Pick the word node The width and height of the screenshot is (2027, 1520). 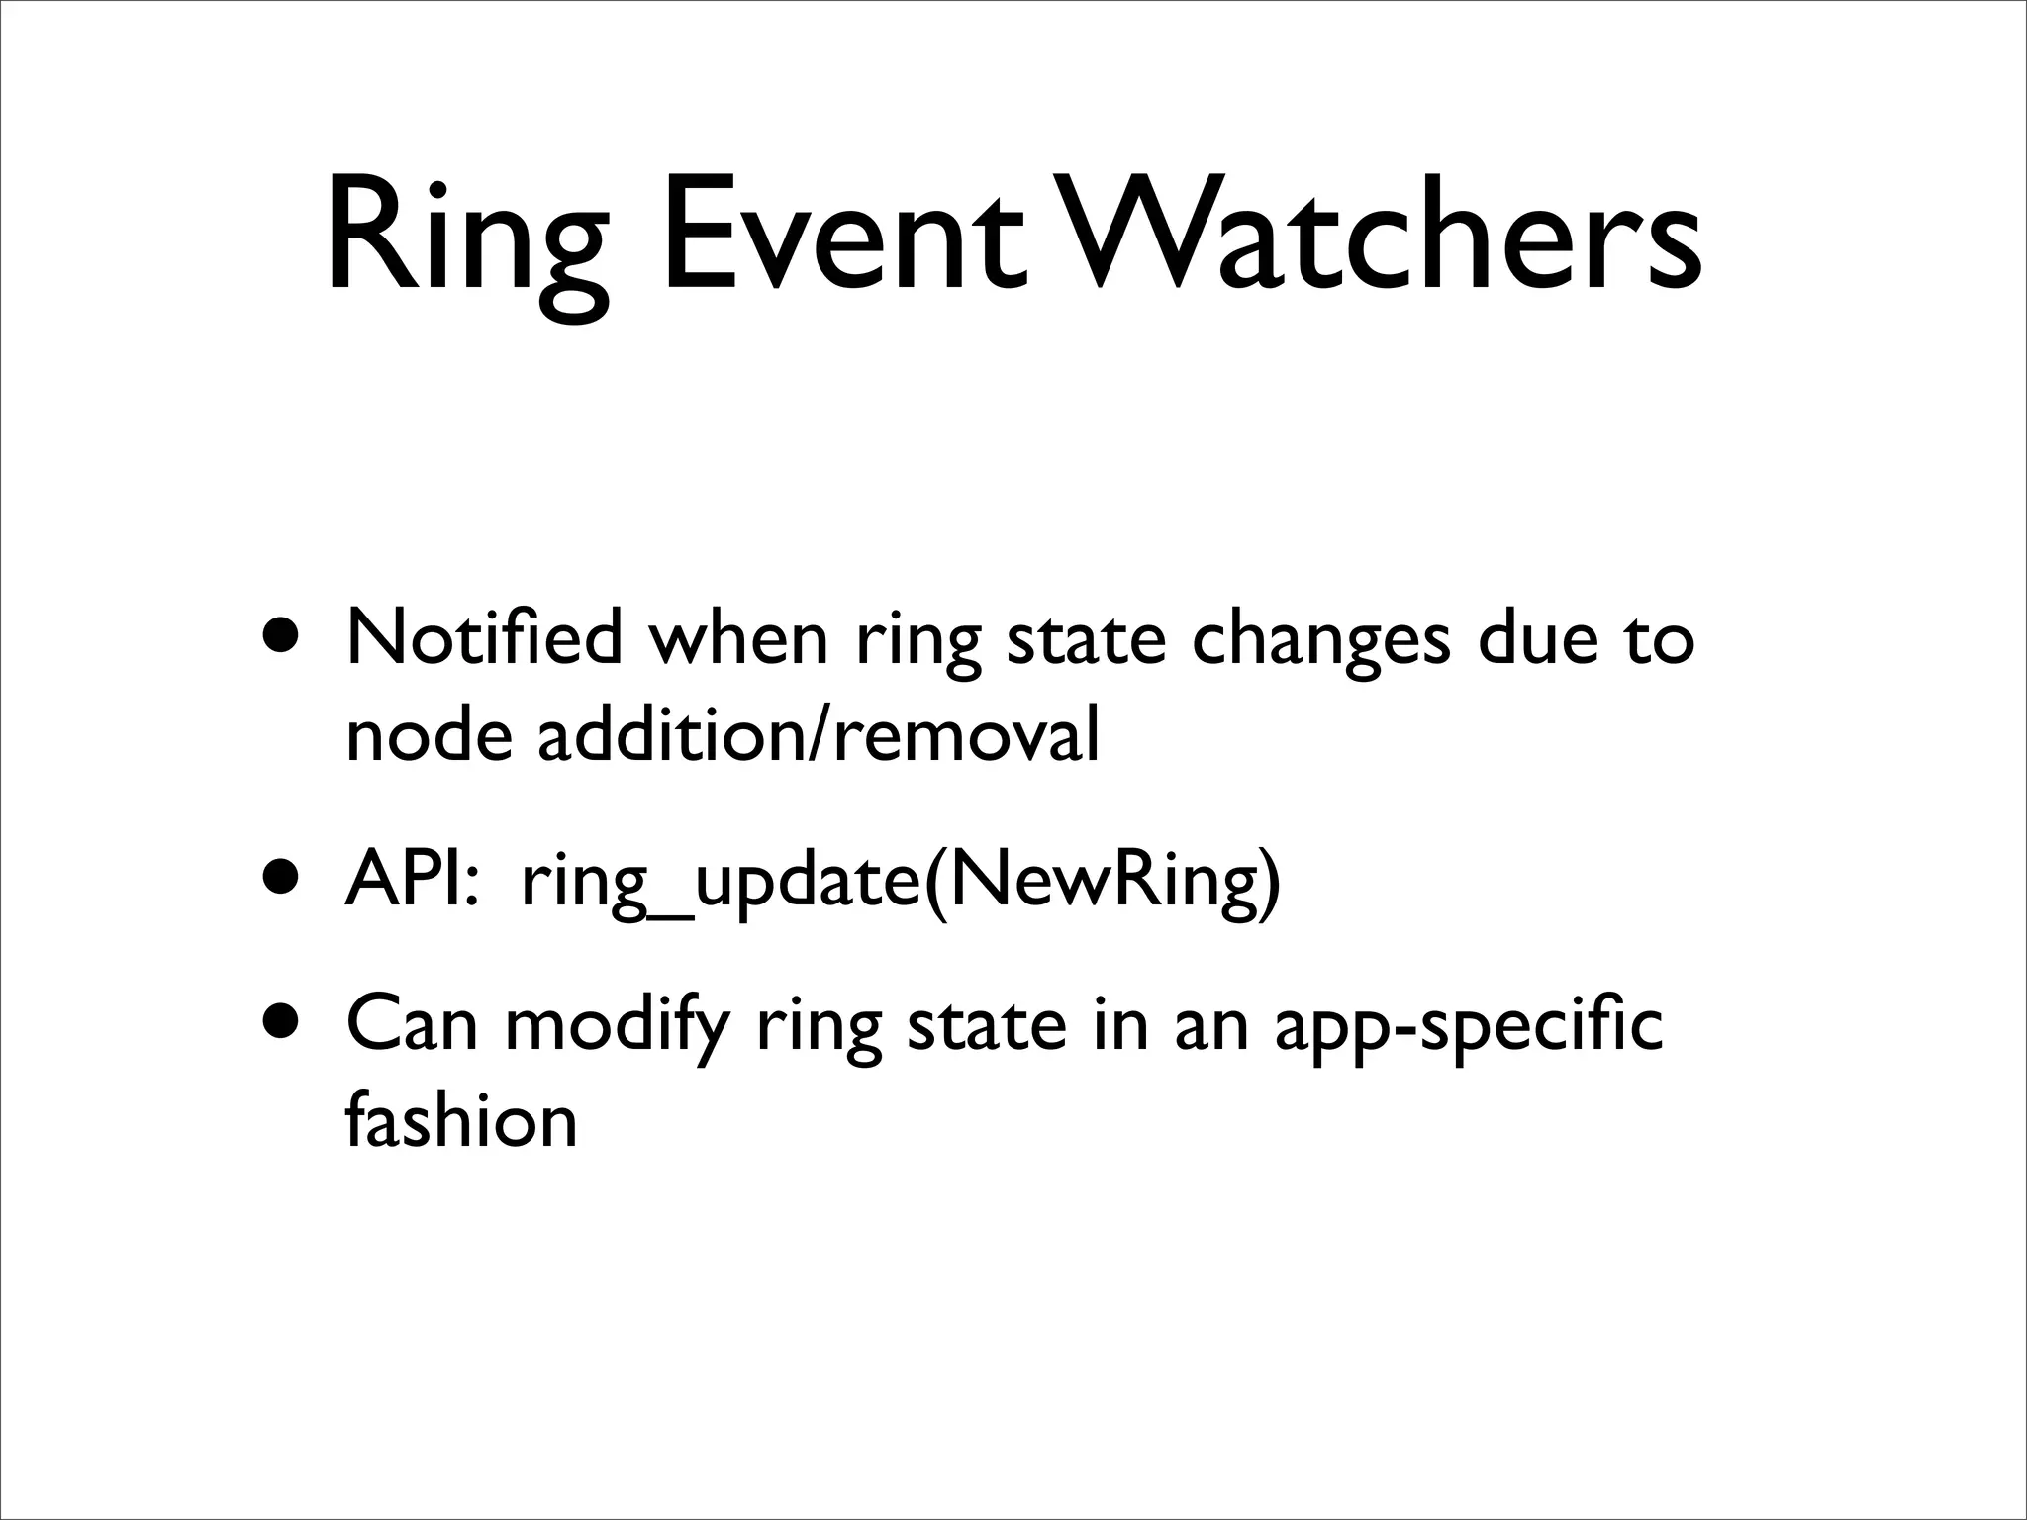click(x=429, y=737)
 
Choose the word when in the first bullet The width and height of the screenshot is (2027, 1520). click(x=737, y=638)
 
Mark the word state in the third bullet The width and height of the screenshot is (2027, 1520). click(x=987, y=1025)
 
